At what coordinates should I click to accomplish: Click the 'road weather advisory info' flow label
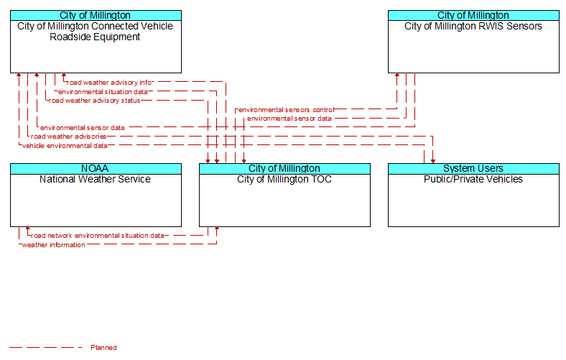pos(109,83)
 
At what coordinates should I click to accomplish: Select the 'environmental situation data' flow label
pos(103,92)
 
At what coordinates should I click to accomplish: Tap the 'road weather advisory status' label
pos(94,101)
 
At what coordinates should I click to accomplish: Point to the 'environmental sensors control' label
pos(287,110)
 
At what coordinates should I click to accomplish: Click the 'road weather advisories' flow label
pos(68,137)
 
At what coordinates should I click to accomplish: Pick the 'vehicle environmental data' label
pos(65,146)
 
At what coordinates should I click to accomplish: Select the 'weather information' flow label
pos(54,245)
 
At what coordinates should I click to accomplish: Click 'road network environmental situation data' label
pos(98,236)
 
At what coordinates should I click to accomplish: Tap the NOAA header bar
pos(96,169)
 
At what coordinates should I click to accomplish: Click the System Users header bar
pos(473,169)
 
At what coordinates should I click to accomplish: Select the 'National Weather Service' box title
pos(95,179)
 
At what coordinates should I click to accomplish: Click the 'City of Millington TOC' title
pos(284,179)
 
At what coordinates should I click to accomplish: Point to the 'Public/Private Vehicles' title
pos(473,179)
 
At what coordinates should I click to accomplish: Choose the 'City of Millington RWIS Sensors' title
pos(473,26)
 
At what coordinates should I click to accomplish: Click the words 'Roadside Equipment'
pos(95,37)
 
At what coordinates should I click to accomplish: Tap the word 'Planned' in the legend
pos(103,348)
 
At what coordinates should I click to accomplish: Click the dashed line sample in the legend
pos(46,348)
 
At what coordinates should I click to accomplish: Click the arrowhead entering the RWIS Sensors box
pos(397,75)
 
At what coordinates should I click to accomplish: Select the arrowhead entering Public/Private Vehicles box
pos(433,161)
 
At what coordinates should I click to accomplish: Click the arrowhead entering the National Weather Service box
pos(28,229)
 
